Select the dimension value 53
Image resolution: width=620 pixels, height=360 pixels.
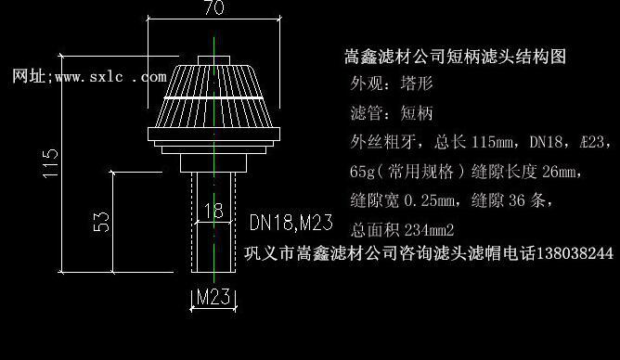click(x=103, y=222)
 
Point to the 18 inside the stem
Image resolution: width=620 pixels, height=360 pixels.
click(x=213, y=211)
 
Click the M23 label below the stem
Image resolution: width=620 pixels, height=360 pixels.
click(x=213, y=298)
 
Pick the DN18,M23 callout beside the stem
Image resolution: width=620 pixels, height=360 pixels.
click(x=291, y=223)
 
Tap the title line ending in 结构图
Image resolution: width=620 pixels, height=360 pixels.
click(x=455, y=57)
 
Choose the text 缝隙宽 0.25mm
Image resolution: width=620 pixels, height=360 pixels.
click(x=404, y=199)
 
